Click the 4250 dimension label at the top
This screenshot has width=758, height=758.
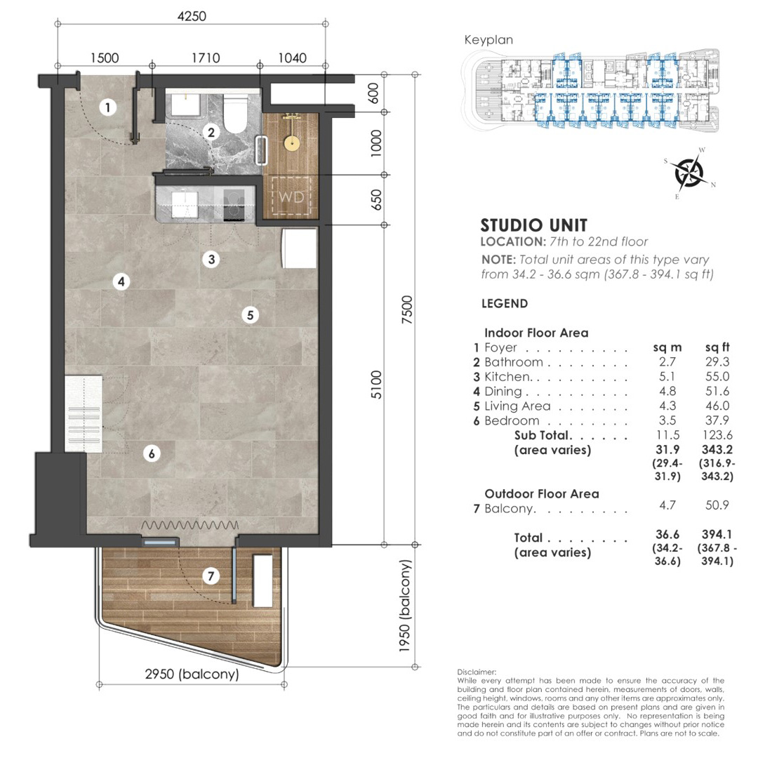point(192,16)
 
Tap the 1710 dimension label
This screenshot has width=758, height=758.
point(206,58)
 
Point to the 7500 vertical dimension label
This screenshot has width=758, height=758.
point(408,310)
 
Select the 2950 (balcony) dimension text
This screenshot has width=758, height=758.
point(192,674)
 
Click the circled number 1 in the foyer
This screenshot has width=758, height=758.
point(108,107)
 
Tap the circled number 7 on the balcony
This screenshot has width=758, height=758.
point(211,576)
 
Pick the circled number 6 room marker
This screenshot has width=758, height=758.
point(152,453)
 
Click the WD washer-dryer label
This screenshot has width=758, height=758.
point(291,197)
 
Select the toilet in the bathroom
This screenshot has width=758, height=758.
point(236,113)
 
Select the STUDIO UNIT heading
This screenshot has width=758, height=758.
point(533,225)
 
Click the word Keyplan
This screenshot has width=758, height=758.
point(488,39)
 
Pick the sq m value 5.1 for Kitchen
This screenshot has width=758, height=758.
point(667,377)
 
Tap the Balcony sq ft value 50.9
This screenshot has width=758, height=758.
point(717,505)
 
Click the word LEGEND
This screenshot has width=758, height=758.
point(504,304)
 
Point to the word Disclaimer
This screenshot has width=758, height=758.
point(477,672)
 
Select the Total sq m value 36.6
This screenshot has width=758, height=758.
point(667,535)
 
